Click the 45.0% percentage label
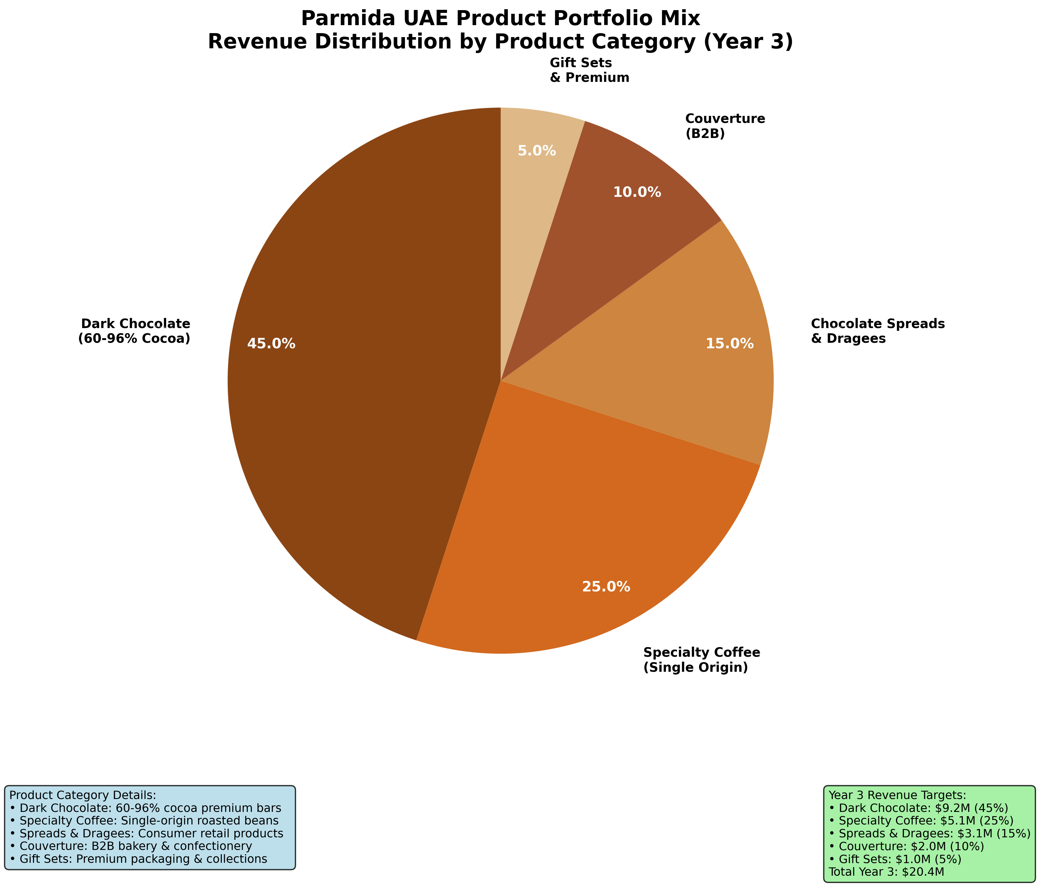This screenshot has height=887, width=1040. pyautogui.click(x=271, y=344)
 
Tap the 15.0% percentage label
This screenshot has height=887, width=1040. pyautogui.click(x=729, y=344)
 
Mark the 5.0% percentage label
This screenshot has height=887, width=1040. pyautogui.click(x=537, y=151)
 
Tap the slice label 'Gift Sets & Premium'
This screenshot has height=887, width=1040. pyautogui.click(x=589, y=70)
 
